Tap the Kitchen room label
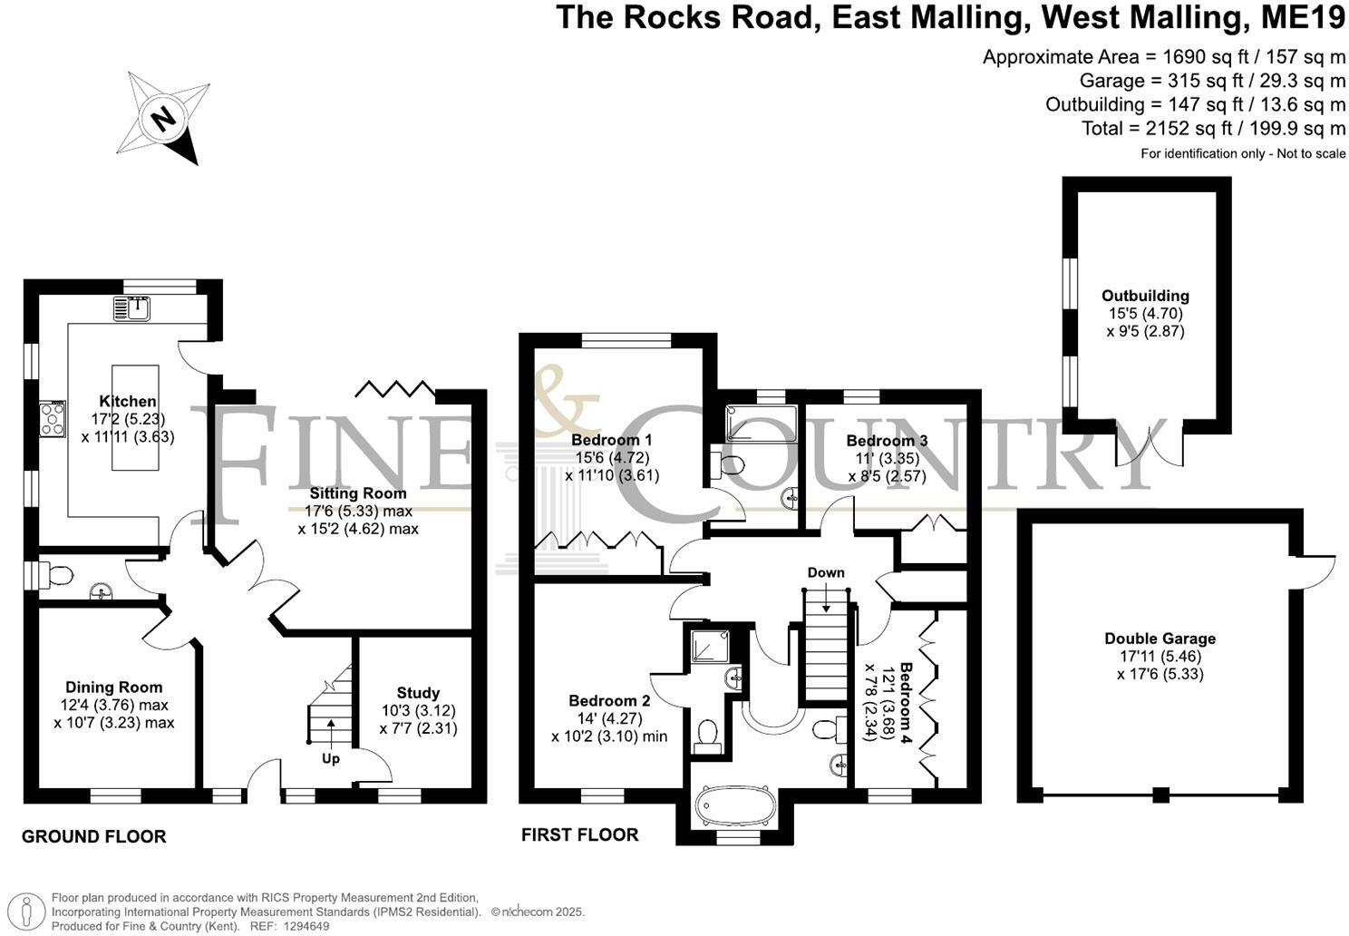(128, 402)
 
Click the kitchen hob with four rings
(53, 420)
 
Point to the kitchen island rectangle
(134, 417)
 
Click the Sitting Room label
(358, 493)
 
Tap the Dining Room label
(114, 687)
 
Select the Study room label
(418, 693)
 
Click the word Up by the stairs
(331, 758)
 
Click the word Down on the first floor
(826, 572)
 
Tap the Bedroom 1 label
(612, 440)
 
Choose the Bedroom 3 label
(888, 441)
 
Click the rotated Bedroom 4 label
(906, 704)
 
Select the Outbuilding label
(1145, 296)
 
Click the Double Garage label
(1160, 639)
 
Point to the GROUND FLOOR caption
(94, 836)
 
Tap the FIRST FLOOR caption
(580, 834)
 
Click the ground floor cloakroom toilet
(57, 574)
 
